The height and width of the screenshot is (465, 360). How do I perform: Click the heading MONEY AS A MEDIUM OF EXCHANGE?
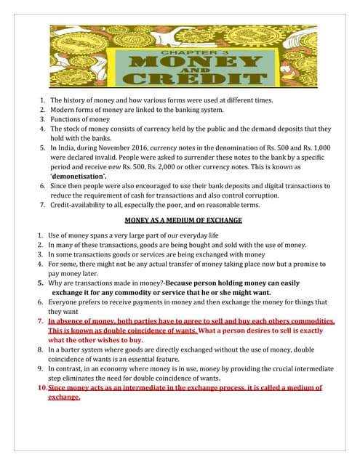point(183,219)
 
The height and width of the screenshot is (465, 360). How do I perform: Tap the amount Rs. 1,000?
point(313,145)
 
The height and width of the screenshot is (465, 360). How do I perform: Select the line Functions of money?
point(80,119)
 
